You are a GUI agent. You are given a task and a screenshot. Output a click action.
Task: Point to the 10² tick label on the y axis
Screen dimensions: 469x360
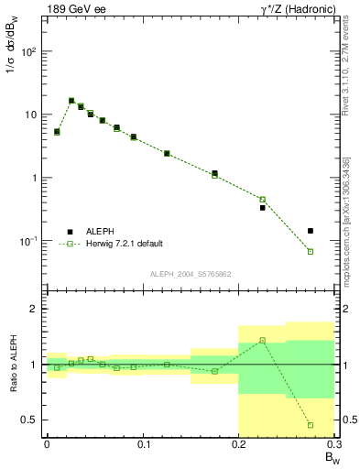click(28, 51)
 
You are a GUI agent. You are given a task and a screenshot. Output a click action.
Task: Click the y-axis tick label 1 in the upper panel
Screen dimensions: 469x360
click(34, 178)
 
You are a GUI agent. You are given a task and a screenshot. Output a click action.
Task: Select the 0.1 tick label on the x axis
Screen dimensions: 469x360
click(142, 444)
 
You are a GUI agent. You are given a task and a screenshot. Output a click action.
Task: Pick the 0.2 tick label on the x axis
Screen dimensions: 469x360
click(238, 444)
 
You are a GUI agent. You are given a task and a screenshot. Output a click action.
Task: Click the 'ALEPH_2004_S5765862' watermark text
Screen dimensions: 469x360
click(190, 274)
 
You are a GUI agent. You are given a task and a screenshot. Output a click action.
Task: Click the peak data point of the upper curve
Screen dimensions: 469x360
click(71, 101)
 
